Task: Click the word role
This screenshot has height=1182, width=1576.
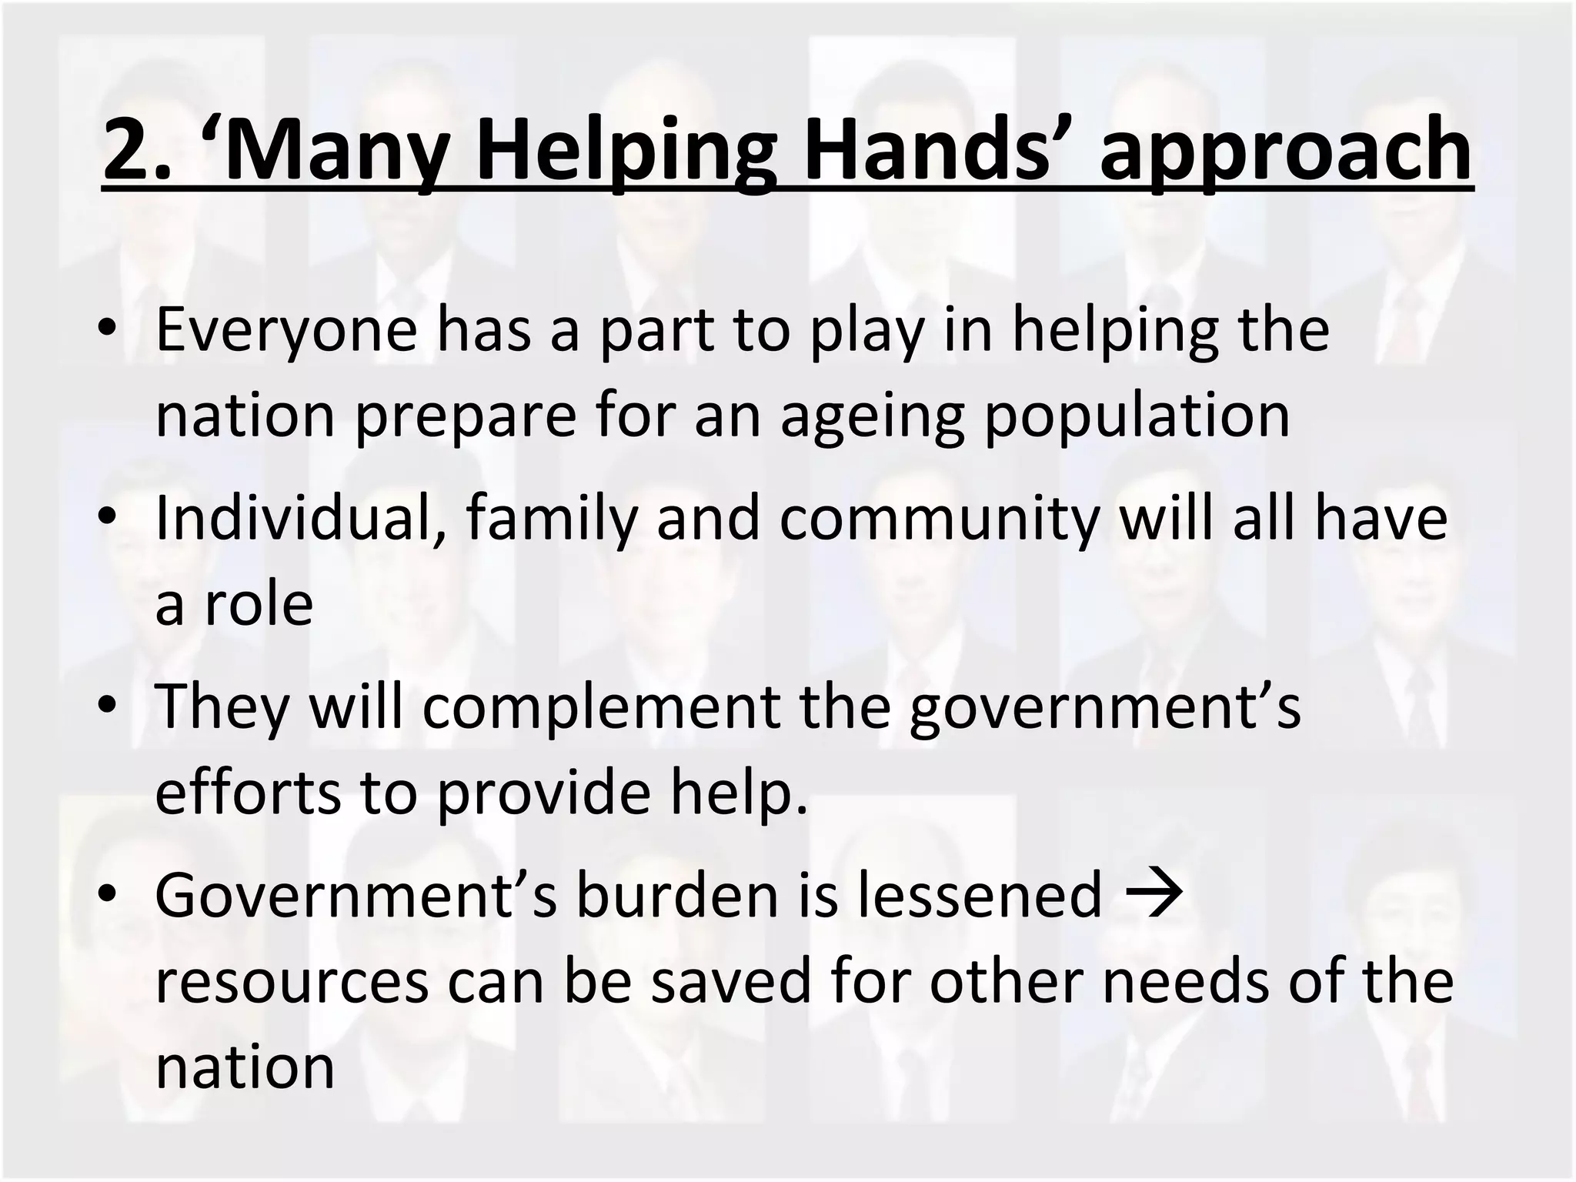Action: [259, 604]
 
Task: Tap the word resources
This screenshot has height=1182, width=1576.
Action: [292, 983]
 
